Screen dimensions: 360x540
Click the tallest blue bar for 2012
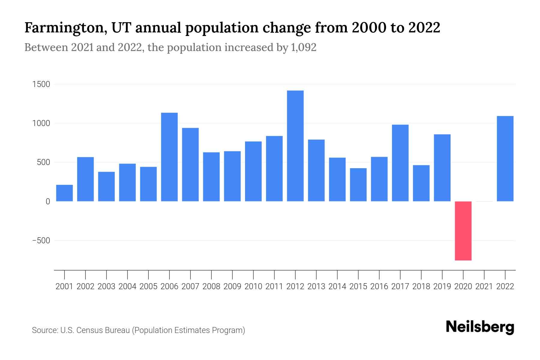pos(295,146)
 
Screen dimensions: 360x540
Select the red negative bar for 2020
pos(463,231)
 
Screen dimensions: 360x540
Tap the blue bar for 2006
pos(169,157)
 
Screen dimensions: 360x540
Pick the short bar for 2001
pos(64,193)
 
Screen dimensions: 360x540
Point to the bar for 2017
pos(400,163)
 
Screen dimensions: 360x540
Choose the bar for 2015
pos(358,184)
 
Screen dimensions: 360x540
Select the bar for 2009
pos(232,176)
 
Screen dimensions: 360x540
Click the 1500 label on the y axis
pos(41,84)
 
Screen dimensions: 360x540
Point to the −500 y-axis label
pos(41,241)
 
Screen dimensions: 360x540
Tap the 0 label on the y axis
pos(48,202)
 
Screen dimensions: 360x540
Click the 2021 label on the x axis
pos(484,286)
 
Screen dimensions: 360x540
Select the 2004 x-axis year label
pos(127,286)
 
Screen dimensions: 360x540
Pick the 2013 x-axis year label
pos(316,286)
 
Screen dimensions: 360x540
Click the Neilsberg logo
pos(480,327)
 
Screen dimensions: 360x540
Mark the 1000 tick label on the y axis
pos(41,123)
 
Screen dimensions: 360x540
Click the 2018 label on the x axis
pos(421,286)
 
